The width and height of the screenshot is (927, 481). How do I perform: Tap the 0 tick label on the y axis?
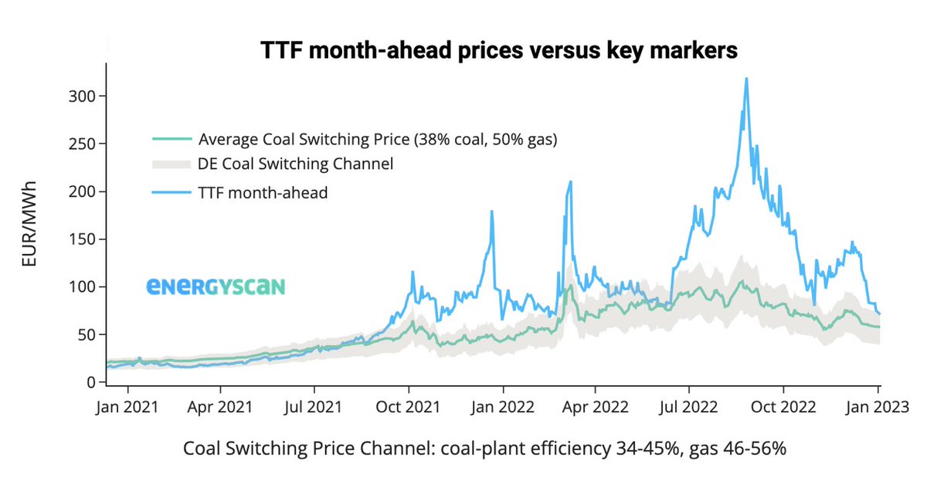(x=91, y=382)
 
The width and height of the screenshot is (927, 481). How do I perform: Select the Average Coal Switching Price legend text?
(x=378, y=140)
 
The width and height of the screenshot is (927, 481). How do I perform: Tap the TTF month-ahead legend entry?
(x=263, y=192)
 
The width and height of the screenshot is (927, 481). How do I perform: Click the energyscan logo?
(x=216, y=287)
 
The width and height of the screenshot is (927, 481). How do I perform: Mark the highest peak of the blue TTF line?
(x=746, y=79)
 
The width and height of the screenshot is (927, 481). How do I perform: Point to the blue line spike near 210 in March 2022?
(x=570, y=182)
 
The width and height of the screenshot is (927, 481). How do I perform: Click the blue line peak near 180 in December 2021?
(x=491, y=212)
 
